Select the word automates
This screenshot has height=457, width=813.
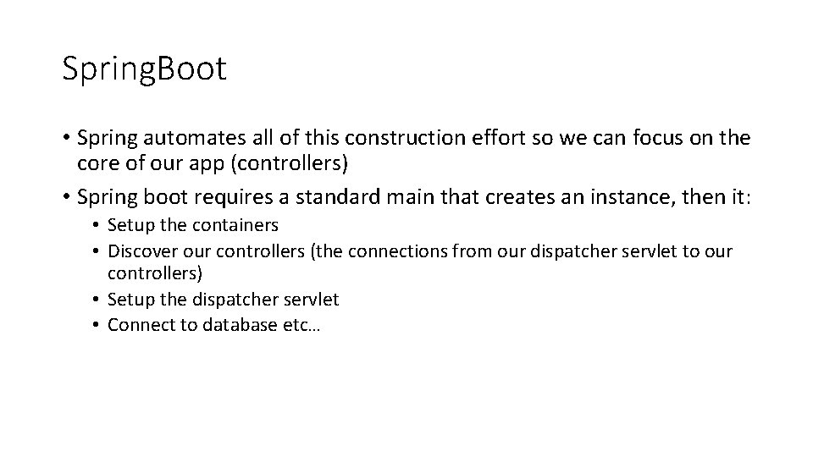[190, 137]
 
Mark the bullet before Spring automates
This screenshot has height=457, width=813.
[67, 138]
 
